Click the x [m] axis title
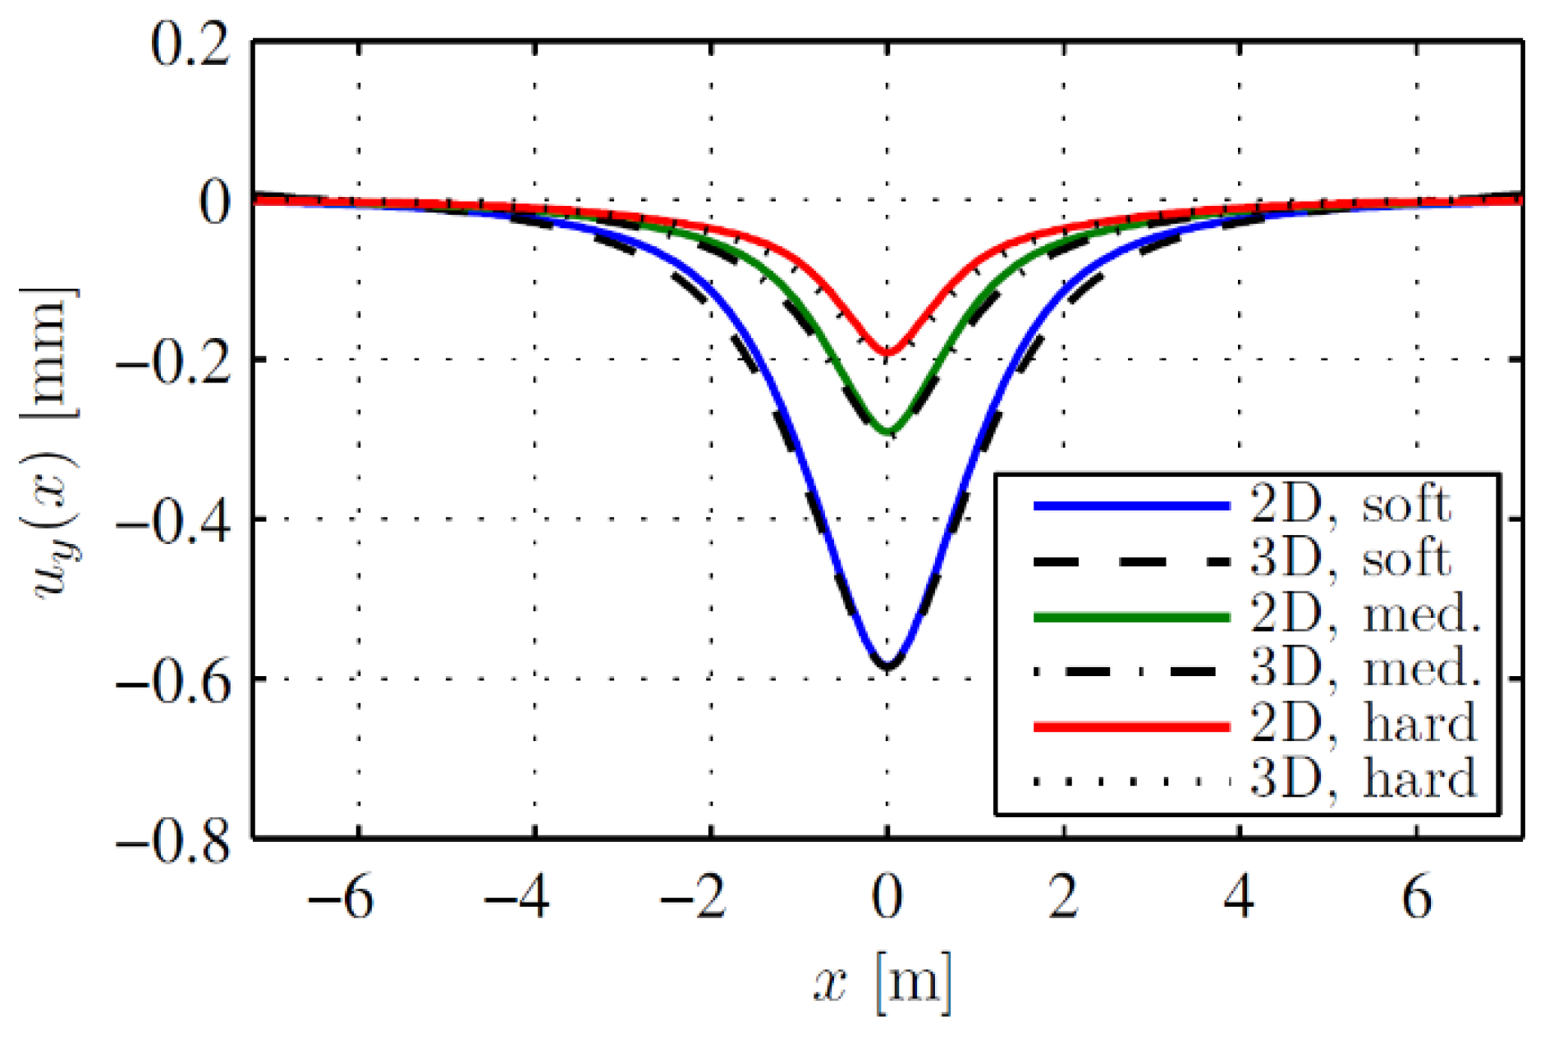(x=883, y=981)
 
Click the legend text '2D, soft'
(x=1350, y=505)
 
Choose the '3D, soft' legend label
(x=1350, y=560)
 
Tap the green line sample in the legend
(x=1131, y=617)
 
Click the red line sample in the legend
(x=1131, y=726)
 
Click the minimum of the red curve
(x=887, y=354)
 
